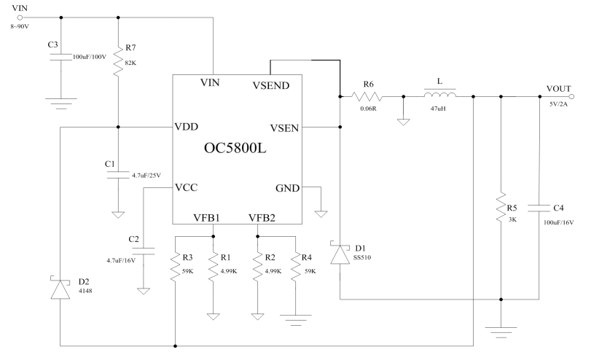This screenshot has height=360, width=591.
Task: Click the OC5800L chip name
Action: tap(235, 148)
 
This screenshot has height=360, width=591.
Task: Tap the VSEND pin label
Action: tap(271, 85)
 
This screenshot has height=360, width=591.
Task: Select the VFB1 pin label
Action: tap(206, 217)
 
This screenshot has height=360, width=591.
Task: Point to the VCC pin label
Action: tap(187, 187)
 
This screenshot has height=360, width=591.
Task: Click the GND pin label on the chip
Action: tap(288, 188)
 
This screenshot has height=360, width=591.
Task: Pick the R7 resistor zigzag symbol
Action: tap(118, 61)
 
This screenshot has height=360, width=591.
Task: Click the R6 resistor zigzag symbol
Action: tap(367, 96)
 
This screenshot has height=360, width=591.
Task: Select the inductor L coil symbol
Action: tap(440, 93)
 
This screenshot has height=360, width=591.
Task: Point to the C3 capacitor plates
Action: tap(61, 57)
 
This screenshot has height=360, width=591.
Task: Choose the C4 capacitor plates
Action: tap(539, 208)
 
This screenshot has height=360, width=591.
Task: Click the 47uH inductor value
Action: tap(438, 109)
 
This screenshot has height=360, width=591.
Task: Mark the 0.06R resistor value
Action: tap(368, 109)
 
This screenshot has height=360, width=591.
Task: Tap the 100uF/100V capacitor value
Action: tap(90, 57)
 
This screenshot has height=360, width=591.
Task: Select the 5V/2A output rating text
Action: tap(558, 104)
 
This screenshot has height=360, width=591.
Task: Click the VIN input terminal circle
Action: tap(20, 17)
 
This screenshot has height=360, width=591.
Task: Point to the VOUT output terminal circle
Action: tap(571, 96)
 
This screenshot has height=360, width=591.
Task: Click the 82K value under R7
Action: tap(130, 63)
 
